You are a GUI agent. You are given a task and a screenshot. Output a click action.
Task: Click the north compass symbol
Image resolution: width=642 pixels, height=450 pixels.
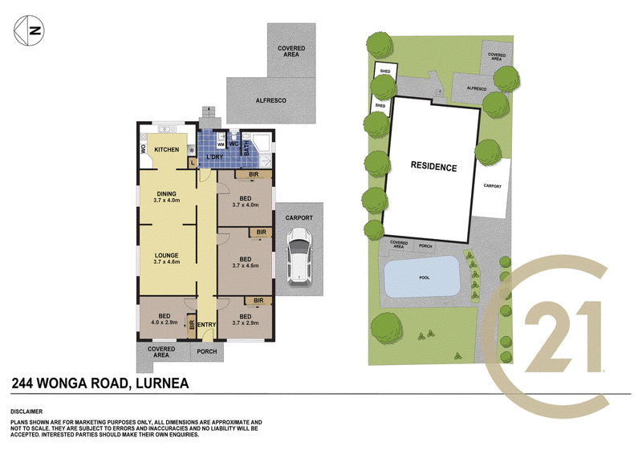point(29,30)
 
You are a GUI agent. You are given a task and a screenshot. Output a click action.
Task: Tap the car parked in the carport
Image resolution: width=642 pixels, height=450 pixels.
point(299,256)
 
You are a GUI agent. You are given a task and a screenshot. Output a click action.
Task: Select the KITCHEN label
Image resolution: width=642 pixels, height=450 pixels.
point(167,150)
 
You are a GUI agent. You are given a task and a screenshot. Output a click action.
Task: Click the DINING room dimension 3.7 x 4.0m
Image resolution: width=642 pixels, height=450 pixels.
point(167,201)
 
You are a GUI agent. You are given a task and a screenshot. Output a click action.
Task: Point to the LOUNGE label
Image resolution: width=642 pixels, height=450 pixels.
point(167,255)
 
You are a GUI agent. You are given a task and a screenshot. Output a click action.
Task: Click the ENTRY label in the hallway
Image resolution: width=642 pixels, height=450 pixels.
point(207,325)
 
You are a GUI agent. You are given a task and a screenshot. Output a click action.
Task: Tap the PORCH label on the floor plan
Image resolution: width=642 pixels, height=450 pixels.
point(207,351)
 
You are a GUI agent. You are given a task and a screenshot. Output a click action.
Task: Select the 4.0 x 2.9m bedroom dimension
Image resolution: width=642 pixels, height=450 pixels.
point(165,322)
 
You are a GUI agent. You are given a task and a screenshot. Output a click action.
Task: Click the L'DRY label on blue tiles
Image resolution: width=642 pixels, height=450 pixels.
point(214,157)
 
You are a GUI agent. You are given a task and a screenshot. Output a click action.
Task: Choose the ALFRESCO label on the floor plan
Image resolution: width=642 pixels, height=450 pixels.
point(271,100)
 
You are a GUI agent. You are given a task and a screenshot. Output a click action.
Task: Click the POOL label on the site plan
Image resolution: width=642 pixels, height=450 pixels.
point(425,278)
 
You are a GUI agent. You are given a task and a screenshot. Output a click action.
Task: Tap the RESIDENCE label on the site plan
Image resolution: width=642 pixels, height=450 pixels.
point(433,166)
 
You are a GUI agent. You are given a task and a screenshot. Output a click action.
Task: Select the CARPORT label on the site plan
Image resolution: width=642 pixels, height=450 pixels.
point(493,186)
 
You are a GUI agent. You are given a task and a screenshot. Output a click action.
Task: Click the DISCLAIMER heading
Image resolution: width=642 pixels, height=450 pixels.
point(26,412)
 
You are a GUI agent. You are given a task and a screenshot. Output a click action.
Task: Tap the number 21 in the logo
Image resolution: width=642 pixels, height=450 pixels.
point(563,336)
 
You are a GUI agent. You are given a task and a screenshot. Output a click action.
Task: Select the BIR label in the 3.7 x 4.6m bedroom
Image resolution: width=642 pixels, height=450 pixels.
point(262,233)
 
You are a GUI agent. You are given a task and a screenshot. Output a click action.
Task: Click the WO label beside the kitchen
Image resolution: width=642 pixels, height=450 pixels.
point(144,149)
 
